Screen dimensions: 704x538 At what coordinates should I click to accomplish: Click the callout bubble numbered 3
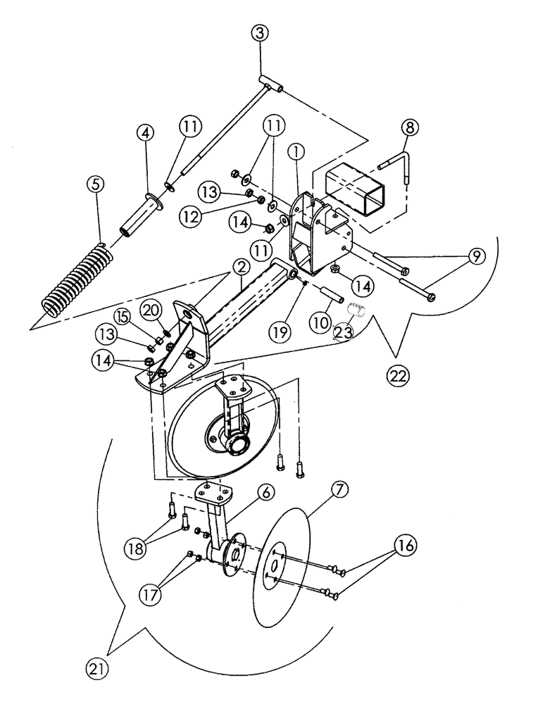coord(260,33)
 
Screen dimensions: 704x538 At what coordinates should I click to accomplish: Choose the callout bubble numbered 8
coord(409,128)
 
